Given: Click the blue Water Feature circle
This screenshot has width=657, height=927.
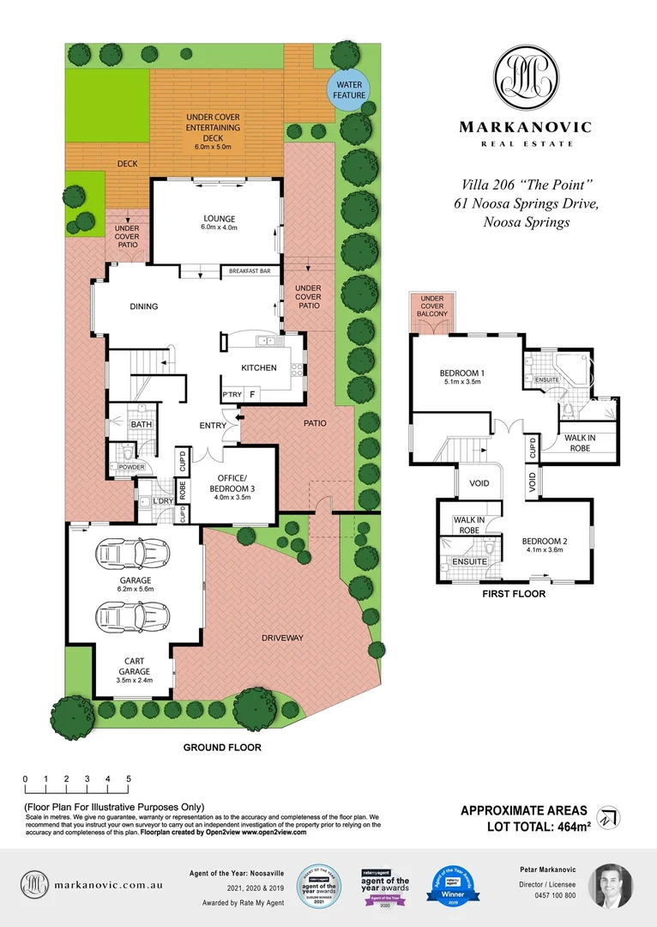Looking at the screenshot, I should pos(349,90).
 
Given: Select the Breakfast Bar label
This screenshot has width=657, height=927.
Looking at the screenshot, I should pos(250,271).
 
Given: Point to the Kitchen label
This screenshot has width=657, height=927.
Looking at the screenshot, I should pos(258,367).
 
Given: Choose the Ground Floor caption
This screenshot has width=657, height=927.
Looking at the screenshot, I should pos(222,748).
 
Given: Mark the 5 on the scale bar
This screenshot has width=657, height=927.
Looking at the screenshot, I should pos(129,779).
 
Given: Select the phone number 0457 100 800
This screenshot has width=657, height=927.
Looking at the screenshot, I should pos(547,895).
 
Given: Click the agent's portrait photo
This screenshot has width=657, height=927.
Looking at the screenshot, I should pos(610,886).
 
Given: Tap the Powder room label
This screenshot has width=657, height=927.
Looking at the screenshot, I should pos(131,468).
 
